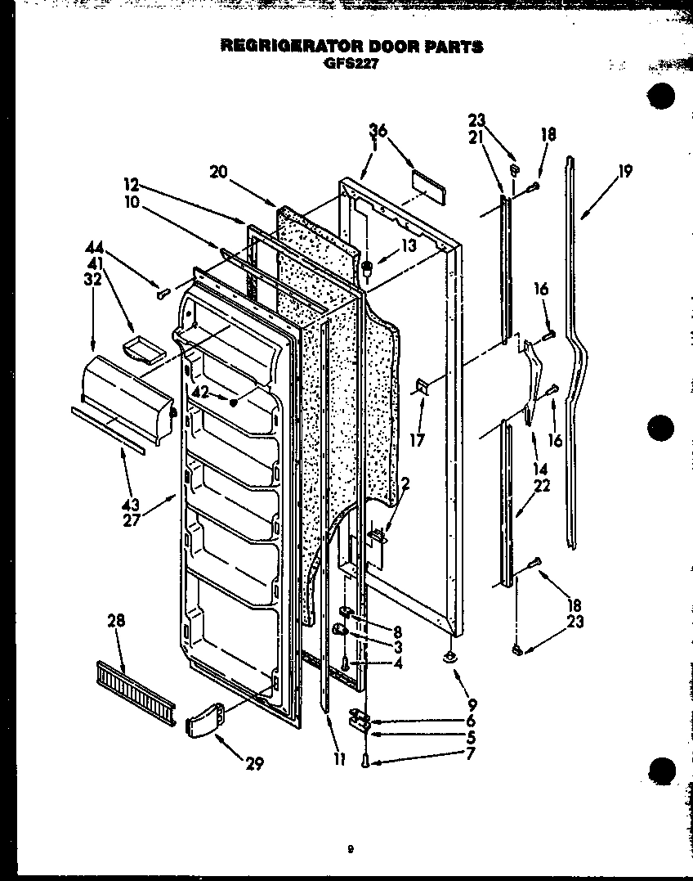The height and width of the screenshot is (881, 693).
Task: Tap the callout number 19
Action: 625,173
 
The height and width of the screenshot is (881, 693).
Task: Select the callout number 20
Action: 217,172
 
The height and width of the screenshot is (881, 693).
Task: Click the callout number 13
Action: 408,245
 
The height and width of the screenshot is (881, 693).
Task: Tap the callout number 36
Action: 378,130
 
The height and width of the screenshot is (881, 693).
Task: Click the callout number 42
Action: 199,392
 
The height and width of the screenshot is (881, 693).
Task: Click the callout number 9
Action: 472,703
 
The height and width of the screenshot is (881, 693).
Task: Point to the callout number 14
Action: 539,470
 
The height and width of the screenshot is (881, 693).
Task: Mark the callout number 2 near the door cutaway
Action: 406,483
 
